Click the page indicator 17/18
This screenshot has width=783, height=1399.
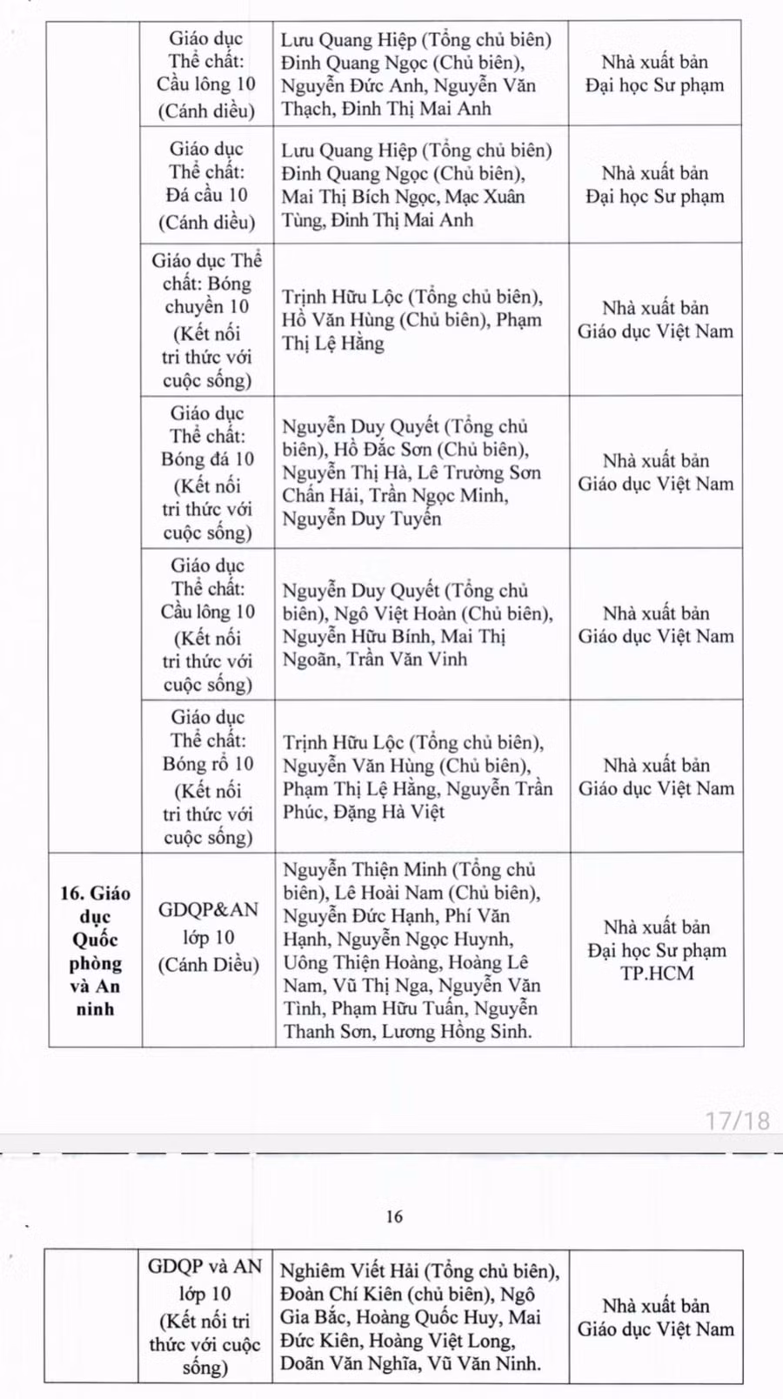pyautogui.click(x=737, y=1120)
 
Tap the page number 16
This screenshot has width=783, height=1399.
pyautogui.click(x=394, y=1216)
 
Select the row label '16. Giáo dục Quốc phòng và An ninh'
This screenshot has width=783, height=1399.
pyautogui.click(x=95, y=950)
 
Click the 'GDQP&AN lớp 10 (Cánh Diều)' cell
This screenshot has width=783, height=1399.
pyautogui.click(x=209, y=937)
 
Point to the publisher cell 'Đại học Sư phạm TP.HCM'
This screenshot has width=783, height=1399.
pyautogui.click(x=657, y=950)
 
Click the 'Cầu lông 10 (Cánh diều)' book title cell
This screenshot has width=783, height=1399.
pyautogui.click(x=207, y=74)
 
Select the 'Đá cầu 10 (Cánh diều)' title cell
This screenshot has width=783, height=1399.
pyautogui.click(x=207, y=184)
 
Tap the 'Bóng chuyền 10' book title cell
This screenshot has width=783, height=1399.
pyautogui.click(x=207, y=319)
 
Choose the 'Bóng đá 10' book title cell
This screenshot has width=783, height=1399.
pyautogui.click(x=208, y=472)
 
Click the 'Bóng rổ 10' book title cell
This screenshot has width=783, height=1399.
pyautogui.click(x=208, y=776)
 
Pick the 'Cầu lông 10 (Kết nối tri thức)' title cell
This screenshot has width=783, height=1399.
pyautogui.click(x=208, y=624)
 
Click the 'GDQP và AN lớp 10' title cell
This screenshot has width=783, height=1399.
pyautogui.click(x=204, y=1316)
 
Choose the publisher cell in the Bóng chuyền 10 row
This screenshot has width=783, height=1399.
pyautogui.click(x=656, y=319)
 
